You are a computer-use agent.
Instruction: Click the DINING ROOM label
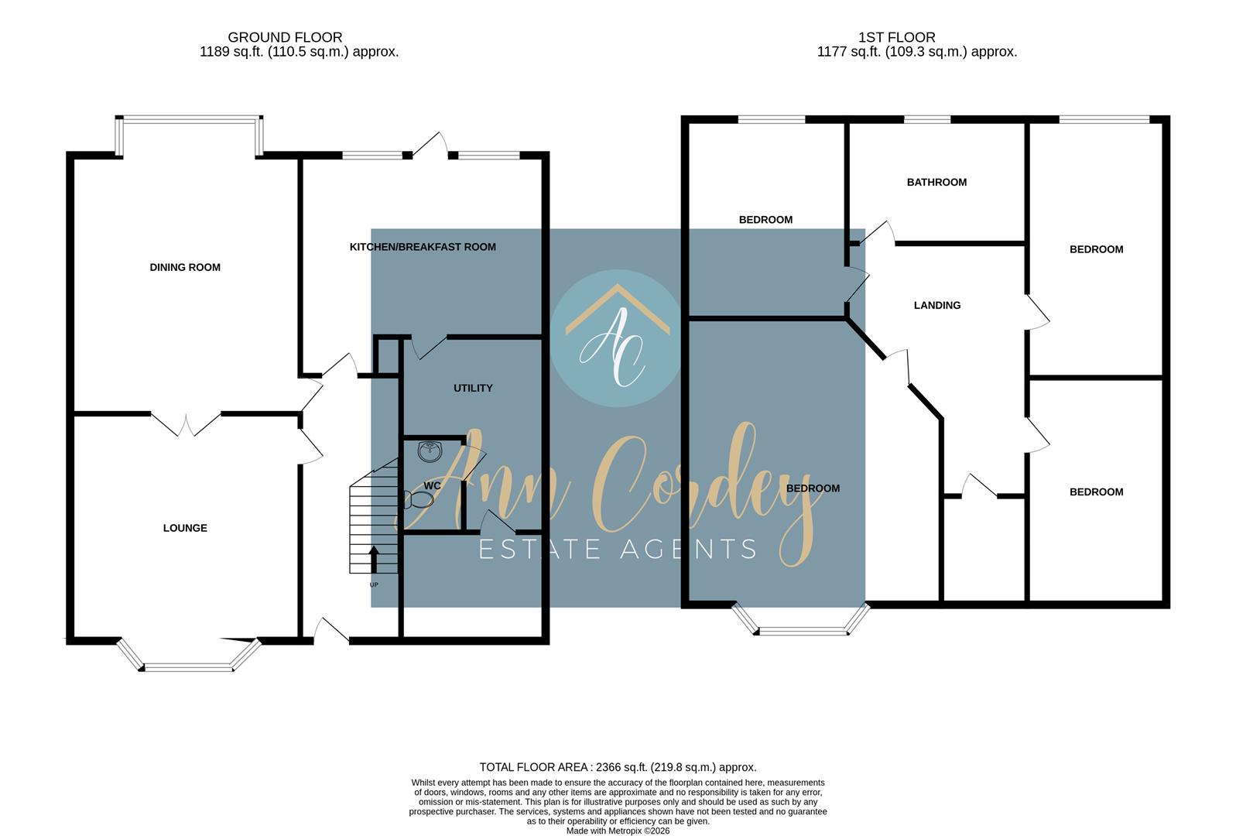click(x=185, y=268)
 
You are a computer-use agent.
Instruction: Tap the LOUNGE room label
click(x=185, y=528)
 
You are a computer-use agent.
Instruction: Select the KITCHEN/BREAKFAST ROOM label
click(x=423, y=247)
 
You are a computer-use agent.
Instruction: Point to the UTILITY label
click(x=473, y=389)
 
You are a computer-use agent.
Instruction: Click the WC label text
click(x=432, y=485)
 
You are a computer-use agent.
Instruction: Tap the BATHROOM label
click(x=937, y=182)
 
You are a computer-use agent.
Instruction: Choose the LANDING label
click(x=937, y=305)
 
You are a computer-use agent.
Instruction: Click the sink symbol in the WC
click(x=430, y=451)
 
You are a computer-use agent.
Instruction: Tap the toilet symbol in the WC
click(x=418, y=500)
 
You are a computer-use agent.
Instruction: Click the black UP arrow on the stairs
click(x=374, y=559)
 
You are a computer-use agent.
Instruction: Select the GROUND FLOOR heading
click(x=285, y=37)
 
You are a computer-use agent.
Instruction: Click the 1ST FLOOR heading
click(x=897, y=37)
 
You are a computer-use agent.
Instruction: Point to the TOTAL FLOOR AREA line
click(x=618, y=767)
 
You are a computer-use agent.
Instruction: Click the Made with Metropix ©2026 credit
click(x=618, y=831)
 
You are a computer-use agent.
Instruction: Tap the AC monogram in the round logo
click(x=612, y=348)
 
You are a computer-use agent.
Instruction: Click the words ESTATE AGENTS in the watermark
click(x=618, y=550)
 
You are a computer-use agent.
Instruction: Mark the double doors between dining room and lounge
click(x=186, y=425)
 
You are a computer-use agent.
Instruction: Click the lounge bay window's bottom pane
click(x=189, y=668)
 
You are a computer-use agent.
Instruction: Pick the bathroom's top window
click(x=927, y=119)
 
